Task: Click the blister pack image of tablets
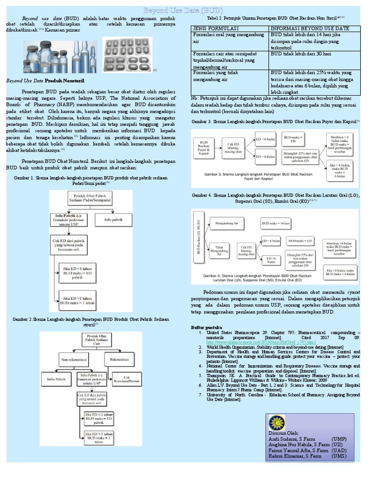(126, 55)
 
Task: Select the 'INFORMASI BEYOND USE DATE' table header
(310, 29)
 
